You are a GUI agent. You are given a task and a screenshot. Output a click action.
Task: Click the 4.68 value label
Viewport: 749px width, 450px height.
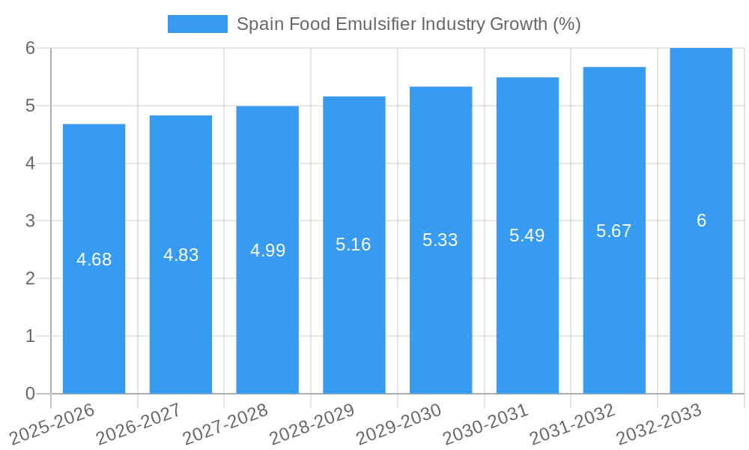click(x=94, y=259)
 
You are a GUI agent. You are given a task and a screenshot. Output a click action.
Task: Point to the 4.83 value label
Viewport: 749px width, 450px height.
click(x=181, y=255)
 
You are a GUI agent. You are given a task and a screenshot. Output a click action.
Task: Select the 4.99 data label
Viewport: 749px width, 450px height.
click(x=267, y=250)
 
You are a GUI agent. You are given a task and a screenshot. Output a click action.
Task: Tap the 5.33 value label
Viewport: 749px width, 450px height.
click(x=440, y=240)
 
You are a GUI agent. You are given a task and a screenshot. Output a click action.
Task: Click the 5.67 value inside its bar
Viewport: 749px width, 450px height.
click(x=614, y=231)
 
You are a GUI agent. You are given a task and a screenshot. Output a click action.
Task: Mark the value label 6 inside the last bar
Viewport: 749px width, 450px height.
click(x=701, y=220)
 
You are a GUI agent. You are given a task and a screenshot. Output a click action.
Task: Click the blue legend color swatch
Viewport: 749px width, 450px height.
click(x=197, y=24)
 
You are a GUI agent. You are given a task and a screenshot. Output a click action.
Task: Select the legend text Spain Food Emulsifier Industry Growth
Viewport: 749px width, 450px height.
click(x=408, y=24)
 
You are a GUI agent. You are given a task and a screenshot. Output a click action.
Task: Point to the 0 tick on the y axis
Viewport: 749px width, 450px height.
click(x=30, y=394)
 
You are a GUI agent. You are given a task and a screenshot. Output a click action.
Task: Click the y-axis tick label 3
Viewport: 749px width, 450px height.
click(x=30, y=221)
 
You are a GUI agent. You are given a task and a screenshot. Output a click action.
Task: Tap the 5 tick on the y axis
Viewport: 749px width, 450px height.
click(x=30, y=106)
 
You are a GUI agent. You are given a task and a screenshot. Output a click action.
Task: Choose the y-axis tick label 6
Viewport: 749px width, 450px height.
click(x=30, y=48)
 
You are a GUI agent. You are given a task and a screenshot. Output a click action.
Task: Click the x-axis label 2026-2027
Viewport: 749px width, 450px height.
click(x=139, y=423)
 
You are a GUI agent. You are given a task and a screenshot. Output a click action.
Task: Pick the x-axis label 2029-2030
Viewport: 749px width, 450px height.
click(x=399, y=423)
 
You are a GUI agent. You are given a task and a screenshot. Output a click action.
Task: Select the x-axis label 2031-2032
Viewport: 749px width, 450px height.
click(x=573, y=423)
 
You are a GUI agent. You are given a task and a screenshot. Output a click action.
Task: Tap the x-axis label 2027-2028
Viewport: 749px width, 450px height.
click(x=226, y=423)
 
